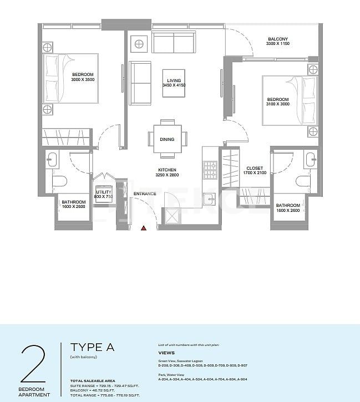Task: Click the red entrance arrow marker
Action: (x=144, y=227)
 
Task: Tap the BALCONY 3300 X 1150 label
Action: (x=277, y=41)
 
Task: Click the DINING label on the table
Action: (x=167, y=140)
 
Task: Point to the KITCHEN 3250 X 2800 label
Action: (x=167, y=172)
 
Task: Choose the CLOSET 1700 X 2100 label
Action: (x=255, y=170)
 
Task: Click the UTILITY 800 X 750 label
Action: (x=103, y=194)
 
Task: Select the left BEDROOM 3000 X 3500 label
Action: (x=83, y=77)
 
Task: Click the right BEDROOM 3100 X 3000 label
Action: (x=278, y=102)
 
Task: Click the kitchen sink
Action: (x=209, y=199)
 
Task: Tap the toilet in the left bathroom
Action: (x=60, y=181)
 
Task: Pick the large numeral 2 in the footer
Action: (x=33, y=364)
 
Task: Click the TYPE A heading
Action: (x=92, y=348)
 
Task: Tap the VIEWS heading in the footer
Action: (x=166, y=353)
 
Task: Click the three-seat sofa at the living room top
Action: (x=174, y=42)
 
